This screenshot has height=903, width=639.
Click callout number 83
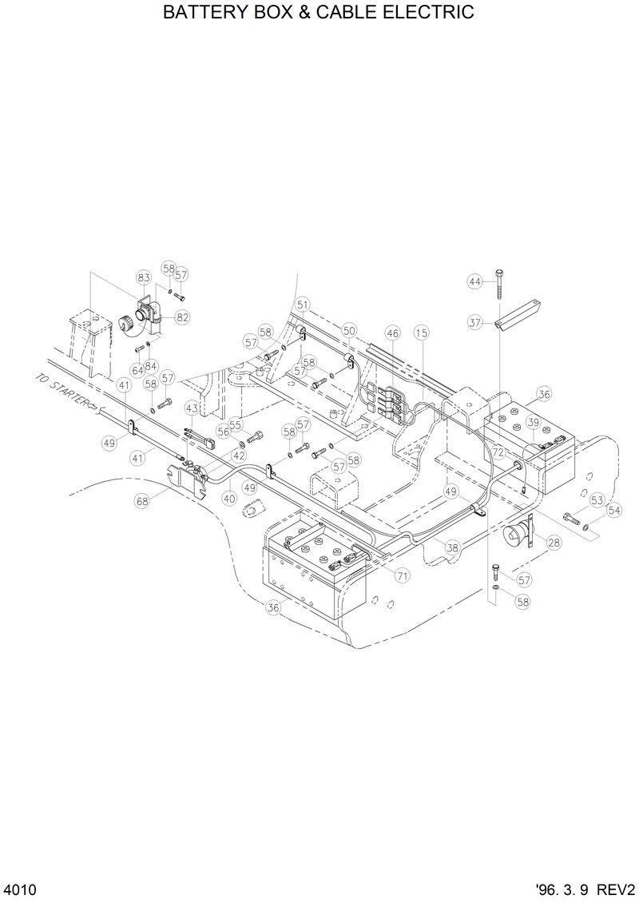144,277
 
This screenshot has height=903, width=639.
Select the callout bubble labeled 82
183,317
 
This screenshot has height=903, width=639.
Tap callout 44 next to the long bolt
475,281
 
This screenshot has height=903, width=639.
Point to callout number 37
475,323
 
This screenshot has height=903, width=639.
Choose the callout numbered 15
421,332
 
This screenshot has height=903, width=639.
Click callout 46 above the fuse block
392,332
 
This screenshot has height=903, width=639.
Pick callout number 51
302,304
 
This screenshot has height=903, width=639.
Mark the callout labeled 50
349,330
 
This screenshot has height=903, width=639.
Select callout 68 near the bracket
142,501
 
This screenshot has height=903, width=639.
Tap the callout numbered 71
402,575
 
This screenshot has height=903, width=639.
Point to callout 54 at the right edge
613,510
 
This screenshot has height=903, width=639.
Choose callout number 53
597,500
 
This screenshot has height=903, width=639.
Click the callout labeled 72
498,452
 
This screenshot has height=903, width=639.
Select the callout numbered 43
192,408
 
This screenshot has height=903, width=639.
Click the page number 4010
20,889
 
